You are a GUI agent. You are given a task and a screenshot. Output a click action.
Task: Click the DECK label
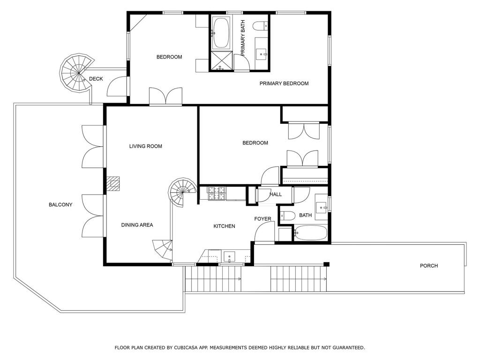(96, 79)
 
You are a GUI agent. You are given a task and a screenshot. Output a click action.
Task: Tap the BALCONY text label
(60, 204)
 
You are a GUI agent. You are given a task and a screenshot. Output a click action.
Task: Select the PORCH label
(428, 266)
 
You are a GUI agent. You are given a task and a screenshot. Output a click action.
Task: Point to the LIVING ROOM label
(145, 146)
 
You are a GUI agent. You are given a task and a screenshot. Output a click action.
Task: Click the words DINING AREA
(137, 225)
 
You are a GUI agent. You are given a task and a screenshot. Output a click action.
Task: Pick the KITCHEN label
(224, 226)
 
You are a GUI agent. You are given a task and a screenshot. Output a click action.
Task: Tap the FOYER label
(262, 219)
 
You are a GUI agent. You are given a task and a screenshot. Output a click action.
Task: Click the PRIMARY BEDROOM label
(284, 83)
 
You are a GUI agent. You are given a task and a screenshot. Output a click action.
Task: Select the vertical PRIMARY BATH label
(243, 37)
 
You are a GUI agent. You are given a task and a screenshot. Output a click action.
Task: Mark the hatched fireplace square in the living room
(113, 183)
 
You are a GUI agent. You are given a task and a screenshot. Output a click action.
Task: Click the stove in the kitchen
(217, 193)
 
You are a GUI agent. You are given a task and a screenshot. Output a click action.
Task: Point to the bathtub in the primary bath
(220, 33)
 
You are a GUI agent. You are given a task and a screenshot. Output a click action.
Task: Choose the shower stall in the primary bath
(221, 61)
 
